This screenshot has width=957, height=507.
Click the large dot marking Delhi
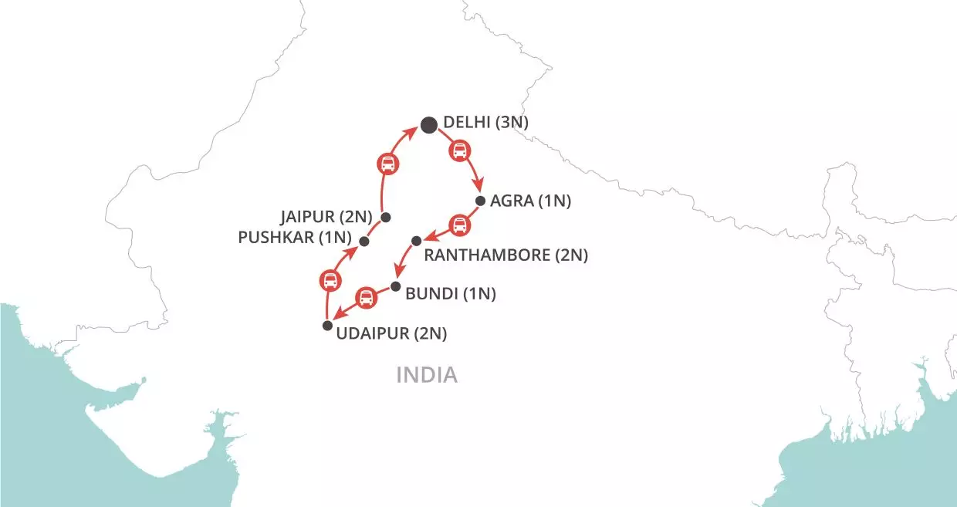click(x=429, y=125)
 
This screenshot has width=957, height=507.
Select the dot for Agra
click(x=480, y=201)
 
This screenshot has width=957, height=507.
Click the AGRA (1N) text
click(x=530, y=201)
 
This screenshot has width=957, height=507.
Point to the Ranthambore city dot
click(x=416, y=241)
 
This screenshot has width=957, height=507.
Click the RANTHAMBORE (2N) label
click(x=506, y=255)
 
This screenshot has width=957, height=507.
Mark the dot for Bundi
click(x=396, y=286)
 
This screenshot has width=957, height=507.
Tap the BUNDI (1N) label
click(x=451, y=294)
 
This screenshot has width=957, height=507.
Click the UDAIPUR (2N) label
click(x=392, y=334)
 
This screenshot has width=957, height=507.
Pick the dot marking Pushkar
click(x=364, y=242)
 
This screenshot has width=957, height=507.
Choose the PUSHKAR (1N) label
click(x=296, y=237)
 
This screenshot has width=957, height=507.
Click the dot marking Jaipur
click(x=386, y=217)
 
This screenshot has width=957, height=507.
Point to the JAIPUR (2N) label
click(x=327, y=215)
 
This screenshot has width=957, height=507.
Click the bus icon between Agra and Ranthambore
click(x=459, y=225)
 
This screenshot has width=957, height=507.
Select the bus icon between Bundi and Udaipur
click(x=366, y=297)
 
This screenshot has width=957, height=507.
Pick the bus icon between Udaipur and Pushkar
click(x=330, y=280)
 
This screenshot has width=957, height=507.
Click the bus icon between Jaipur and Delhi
click(x=387, y=164)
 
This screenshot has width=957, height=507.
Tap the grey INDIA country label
click(x=427, y=376)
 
